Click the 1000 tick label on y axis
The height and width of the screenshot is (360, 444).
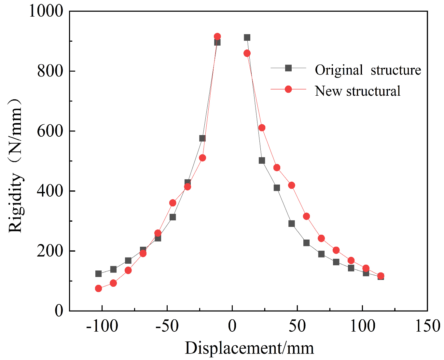tap(46, 11)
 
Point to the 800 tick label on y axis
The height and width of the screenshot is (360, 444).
tap(50, 71)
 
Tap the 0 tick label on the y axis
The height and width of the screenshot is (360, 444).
tap(59, 311)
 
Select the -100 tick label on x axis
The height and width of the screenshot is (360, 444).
tap(102, 326)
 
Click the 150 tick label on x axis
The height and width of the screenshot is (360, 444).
tap(427, 326)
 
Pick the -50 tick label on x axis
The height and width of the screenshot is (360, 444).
tap(167, 326)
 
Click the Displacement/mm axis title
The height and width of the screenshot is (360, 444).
tap(249, 348)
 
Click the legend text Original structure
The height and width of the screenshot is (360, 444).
tap(368, 70)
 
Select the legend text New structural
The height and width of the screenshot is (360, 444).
tap(357, 91)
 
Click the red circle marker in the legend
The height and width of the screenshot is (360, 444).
tap(288, 89)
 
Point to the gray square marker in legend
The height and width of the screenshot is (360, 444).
tap(288, 68)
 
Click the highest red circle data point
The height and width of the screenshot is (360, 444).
tap(217, 36)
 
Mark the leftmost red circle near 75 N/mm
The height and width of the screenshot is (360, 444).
tap(99, 288)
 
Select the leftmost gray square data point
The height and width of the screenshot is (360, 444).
tap(99, 274)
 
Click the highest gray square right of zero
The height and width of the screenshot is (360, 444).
tap(247, 37)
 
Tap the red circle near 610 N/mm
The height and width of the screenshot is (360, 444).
tap(262, 128)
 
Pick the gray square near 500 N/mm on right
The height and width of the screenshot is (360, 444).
tap(262, 160)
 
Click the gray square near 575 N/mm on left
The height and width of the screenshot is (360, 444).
tap(202, 138)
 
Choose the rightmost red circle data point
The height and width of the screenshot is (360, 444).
tap(381, 276)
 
